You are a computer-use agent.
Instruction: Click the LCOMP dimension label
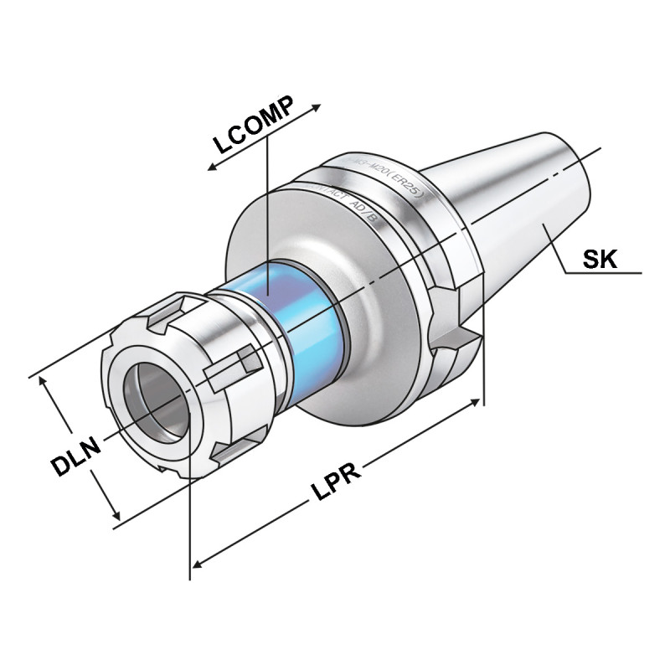pyautogui.click(x=250, y=126)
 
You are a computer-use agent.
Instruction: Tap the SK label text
pyautogui.click(x=600, y=259)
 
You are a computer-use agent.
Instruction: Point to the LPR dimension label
pyautogui.click(x=338, y=481)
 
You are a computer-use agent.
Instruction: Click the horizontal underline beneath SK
pyautogui.click(x=603, y=273)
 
